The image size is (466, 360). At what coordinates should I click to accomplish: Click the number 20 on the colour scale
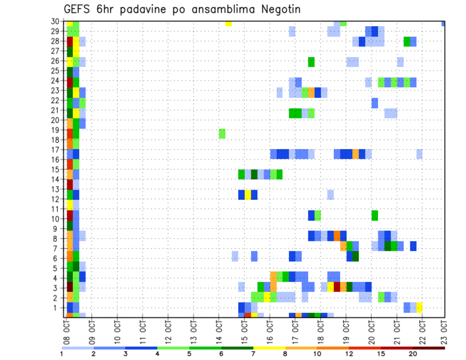tap(413, 353)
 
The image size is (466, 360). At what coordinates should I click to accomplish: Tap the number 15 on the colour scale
tap(381, 353)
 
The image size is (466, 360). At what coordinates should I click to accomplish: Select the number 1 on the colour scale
tap(62, 353)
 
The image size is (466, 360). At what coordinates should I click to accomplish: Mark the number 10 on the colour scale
tap(317, 353)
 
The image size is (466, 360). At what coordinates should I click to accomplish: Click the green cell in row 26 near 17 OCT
tap(311, 62)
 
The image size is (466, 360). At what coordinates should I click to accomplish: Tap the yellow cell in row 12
tap(248, 195)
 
